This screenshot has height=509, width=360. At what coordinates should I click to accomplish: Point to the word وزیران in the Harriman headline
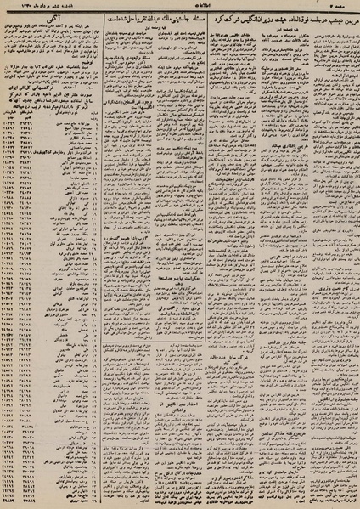point(247,20)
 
